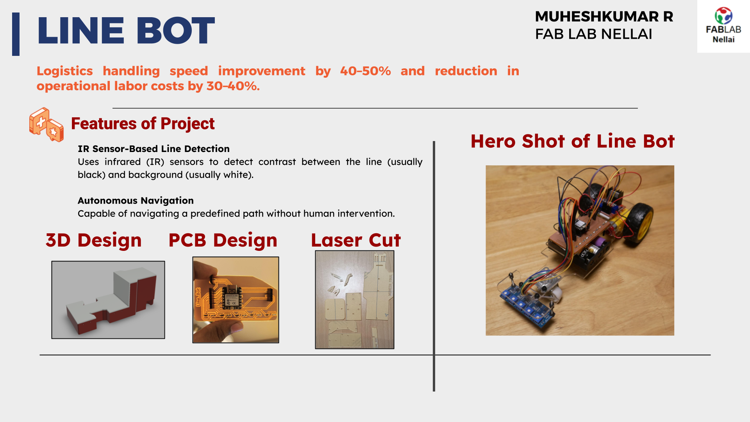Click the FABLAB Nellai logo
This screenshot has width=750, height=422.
723,26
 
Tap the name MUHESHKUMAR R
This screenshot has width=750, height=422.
604,16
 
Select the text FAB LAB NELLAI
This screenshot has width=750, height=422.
593,34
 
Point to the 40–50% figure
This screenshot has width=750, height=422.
365,71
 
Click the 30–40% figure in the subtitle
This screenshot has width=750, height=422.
233,86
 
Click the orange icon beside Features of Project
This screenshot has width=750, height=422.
46,125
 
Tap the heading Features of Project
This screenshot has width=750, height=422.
143,123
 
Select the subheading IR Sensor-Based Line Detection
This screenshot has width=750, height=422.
154,149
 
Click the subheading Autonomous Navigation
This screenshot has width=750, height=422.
136,200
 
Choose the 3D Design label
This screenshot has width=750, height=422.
94,240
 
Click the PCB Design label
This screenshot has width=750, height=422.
223,240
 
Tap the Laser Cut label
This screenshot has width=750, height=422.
356,240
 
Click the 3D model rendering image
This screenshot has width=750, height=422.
108,300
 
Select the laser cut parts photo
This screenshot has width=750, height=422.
355,300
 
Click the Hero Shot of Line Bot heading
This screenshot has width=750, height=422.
573,141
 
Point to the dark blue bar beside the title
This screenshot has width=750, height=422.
16,34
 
